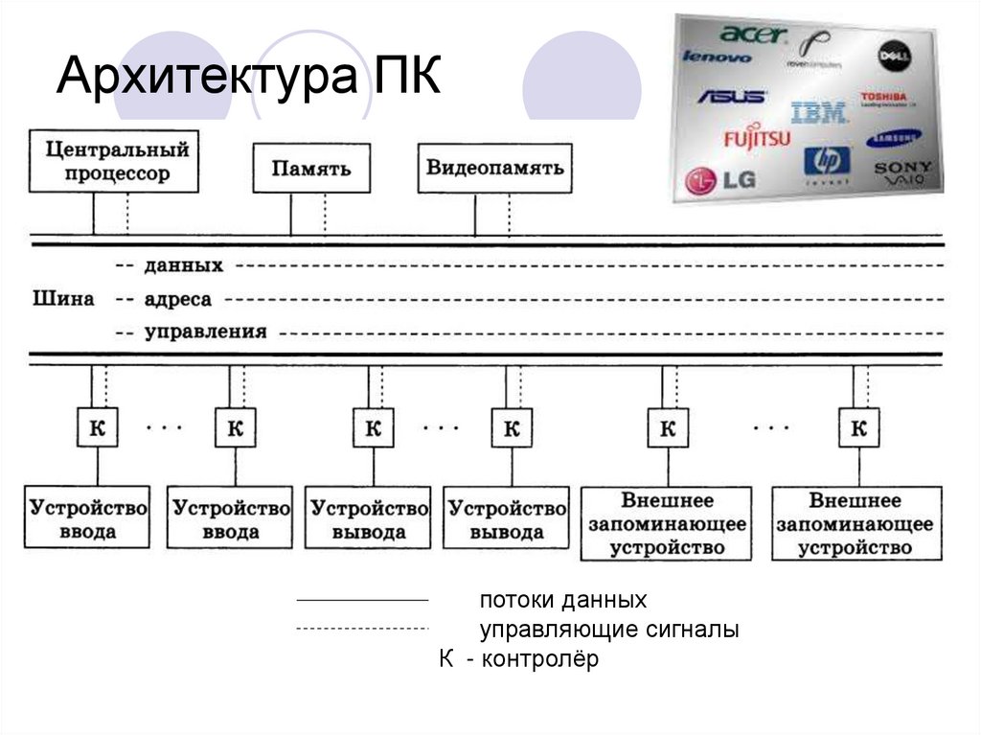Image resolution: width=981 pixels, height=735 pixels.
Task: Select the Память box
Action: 311,169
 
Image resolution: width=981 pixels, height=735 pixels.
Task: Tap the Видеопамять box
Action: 495,168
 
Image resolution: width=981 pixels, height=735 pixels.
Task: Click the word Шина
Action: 63,299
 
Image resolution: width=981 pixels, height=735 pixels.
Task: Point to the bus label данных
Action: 184,265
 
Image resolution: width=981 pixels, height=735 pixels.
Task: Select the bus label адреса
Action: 178,300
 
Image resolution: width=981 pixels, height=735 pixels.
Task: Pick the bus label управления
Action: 205,333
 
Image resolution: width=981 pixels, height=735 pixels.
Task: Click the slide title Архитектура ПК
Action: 248,78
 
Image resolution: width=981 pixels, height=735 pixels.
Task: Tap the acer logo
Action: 753,34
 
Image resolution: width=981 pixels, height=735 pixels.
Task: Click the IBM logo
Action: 818,113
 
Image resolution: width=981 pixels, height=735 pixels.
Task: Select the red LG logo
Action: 714,178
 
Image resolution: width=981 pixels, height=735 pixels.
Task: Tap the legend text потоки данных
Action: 563,601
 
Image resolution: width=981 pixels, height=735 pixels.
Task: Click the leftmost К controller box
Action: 97,428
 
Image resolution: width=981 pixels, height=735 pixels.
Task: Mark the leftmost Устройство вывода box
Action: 369,518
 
